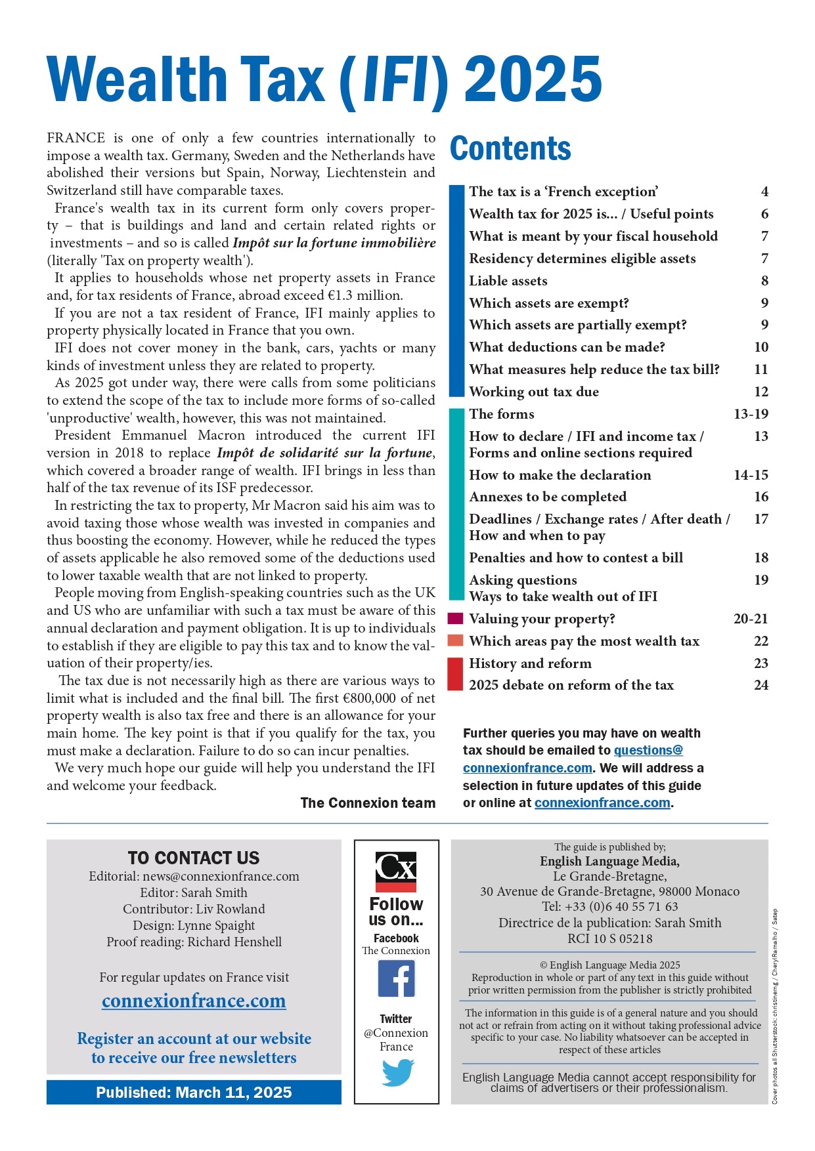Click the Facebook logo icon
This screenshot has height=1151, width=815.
pos(396,978)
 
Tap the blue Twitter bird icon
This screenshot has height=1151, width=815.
pos(397,1073)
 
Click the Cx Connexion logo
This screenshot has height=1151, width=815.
pos(396,871)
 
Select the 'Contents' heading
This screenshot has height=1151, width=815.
pos(510,149)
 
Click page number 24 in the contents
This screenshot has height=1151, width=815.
pos(760,685)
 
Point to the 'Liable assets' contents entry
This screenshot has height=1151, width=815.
pos(508,281)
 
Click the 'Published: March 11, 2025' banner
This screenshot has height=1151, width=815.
pos(194,1093)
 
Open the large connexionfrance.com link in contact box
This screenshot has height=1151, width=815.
pos(194,1001)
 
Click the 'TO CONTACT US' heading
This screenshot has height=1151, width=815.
pos(194,858)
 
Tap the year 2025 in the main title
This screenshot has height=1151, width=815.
pos(533,79)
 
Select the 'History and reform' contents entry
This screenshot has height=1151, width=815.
pos(530,663)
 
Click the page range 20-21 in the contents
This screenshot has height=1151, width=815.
pos(750,619)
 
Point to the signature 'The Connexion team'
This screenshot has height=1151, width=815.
pos(368,803)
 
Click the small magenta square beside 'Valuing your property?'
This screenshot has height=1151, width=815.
pos(455,618)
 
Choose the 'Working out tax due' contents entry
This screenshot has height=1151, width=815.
pos(533,392)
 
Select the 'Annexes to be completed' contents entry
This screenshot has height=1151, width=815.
pos(548,497)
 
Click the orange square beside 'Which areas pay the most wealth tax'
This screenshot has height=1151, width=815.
pos(455,640)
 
